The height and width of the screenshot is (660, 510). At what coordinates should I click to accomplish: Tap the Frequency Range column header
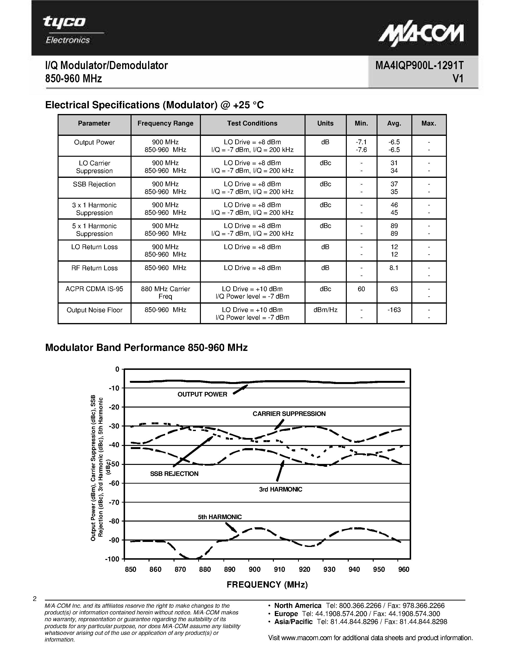pyautogui.click(x=165, y=124)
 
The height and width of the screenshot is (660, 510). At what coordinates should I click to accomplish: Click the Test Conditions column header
pyautogui.click(x=252, y=124)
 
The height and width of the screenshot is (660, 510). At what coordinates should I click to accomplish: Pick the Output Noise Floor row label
pyautogui.click(x=94, y=310)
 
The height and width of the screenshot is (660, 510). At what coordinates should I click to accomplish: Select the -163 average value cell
pyautogui.click(x=394, y=310)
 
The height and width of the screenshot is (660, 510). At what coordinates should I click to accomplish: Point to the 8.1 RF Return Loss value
pyautogui.click(x=394, y=268)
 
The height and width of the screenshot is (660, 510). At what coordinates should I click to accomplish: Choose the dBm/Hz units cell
pyautogui.click(x=325, y=310)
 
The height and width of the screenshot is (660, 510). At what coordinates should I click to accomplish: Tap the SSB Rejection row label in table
pyautogui.click(x=94, y=184)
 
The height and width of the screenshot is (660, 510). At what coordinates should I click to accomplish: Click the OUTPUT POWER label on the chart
pyautogui.click(x=202, y=394)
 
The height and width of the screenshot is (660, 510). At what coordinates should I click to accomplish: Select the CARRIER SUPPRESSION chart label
pyautogui.click(x=289, y=414)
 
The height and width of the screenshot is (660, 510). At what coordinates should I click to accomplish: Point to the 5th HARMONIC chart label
pyautogui.click(x=220, y=517)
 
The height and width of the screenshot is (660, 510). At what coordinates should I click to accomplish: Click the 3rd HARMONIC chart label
pyautogui.click(x=280, y=489)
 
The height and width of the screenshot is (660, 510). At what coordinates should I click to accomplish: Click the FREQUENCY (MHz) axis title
pyautogui.click(x=267, y=585)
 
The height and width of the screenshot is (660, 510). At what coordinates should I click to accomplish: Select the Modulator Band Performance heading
pyautogui.click(x=146, y=348)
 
